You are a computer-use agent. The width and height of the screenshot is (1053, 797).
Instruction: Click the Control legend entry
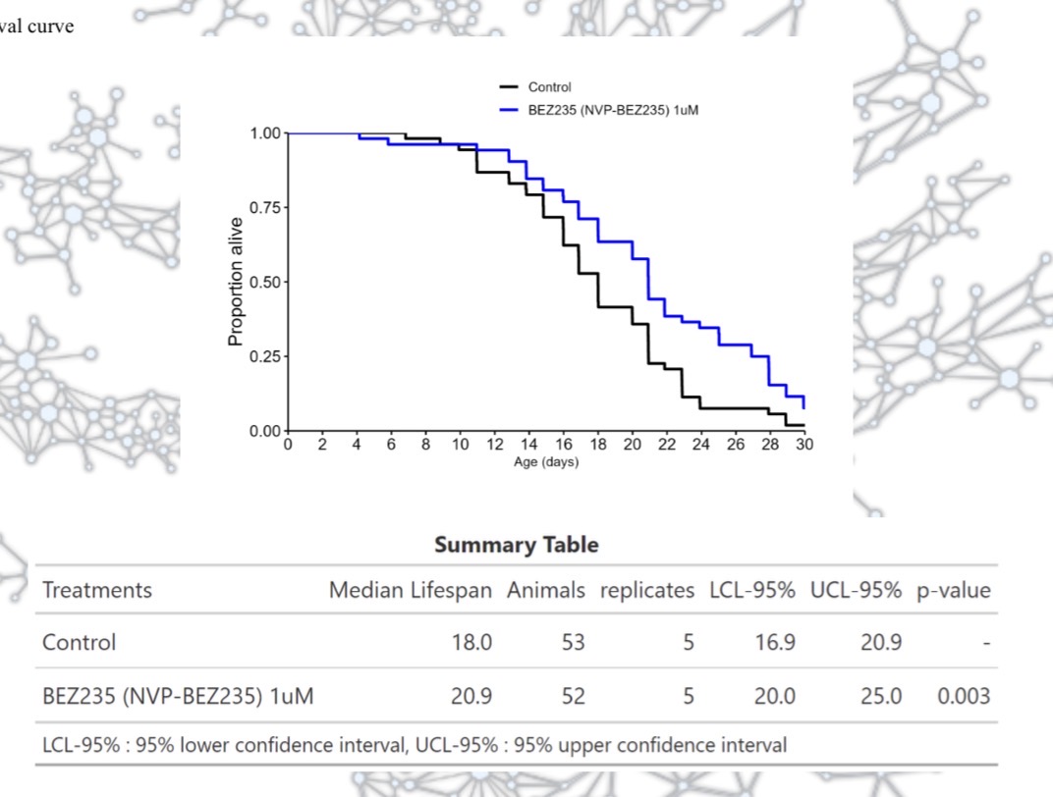click(549, 87)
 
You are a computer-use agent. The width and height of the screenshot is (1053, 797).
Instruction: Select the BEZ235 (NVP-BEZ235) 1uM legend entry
click(613, 110)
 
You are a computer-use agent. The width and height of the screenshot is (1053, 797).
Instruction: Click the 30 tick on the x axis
click(804, 445)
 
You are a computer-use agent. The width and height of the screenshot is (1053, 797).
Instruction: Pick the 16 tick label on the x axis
click(563, 445)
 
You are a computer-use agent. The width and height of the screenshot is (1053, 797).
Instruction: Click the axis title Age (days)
click(546, 462)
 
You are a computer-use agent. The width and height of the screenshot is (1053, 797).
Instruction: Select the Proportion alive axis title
click(236, 282)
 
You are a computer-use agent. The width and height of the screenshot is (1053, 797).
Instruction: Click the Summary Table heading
click(516, 545)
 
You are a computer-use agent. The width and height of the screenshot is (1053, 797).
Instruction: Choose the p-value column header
click(953, 590)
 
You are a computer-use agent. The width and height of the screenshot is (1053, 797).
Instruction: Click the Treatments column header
click(97, 590)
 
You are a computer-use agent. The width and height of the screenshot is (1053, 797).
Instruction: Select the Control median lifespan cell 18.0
click(471, 642)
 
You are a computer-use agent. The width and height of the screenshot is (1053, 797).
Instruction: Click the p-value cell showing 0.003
click(963, 696)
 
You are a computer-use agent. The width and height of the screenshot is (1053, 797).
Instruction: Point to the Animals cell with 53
click(573, 642)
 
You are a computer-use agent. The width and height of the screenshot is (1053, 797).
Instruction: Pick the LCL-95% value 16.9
click(775, 642)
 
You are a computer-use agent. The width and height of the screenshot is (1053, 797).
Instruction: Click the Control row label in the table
click(79, 642)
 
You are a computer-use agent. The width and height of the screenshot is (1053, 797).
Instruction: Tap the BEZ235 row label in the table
click(178, 696)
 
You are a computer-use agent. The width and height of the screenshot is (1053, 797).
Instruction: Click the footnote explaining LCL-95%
click(414, 745)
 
